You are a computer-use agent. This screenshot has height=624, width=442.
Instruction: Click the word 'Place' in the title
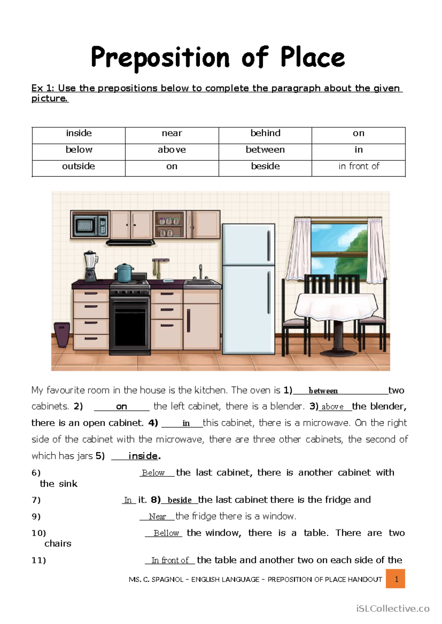(312, 58)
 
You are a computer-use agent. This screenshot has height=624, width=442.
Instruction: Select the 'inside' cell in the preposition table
(79, 133)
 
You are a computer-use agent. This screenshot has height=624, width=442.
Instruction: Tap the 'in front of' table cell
(359, 166)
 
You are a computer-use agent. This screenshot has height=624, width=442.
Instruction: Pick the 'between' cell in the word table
(265, 150)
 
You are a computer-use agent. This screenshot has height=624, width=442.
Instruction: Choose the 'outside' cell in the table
(78, 166)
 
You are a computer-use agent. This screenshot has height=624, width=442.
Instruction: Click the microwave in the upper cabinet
(90, 225)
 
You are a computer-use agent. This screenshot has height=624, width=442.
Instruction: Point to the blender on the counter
(91, 266)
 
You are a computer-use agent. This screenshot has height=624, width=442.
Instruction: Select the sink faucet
(201, 272)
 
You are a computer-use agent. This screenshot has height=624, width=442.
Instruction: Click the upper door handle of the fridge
(269, 246)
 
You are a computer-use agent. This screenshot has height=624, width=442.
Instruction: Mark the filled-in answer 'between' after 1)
(323, 391)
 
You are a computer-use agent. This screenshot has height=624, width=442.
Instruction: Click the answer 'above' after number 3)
(332, 407)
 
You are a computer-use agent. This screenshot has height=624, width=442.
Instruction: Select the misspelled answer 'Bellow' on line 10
(166, 533)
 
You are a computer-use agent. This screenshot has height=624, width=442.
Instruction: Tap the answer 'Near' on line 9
(157, 517)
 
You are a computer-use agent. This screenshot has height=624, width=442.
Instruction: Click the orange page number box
(396, 579)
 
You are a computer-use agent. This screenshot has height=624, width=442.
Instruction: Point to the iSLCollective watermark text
(393, 609)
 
